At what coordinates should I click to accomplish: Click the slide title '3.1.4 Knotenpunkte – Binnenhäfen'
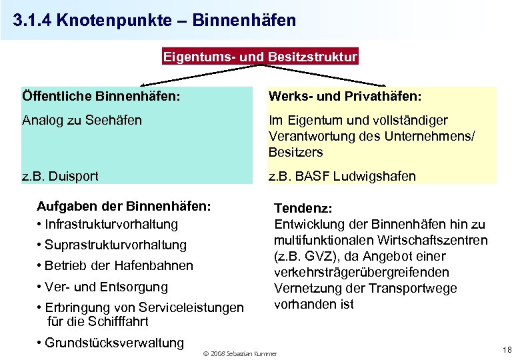point(154,20)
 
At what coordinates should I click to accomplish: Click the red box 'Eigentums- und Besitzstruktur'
point(261,57)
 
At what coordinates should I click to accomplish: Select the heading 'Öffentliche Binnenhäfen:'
point(101,97)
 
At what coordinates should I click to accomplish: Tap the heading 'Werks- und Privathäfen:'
point(345,97)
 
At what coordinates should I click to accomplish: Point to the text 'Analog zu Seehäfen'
point(82,120)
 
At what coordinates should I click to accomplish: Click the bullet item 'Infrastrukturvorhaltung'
point(111,224)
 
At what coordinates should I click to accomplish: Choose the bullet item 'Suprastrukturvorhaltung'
point(115,245)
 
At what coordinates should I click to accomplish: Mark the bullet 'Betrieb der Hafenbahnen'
point(119,265)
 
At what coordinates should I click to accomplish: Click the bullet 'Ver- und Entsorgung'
point(106,287)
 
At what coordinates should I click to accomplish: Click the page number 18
point(506,349)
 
